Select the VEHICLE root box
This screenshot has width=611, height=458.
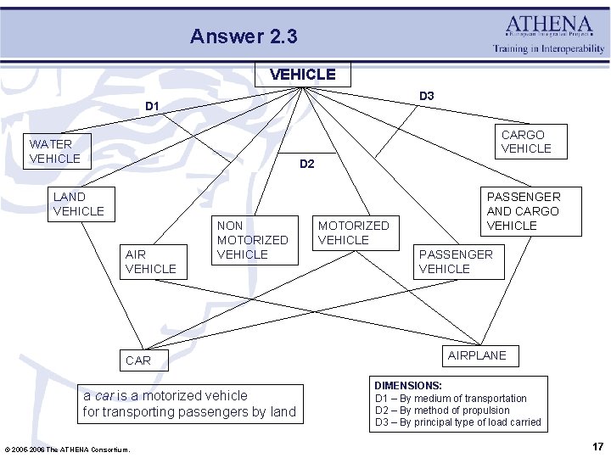[302, 75]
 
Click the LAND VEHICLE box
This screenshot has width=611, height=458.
[78, 204]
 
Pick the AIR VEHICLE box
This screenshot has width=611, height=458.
[150, 261]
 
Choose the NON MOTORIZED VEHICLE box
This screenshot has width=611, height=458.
[254, 240]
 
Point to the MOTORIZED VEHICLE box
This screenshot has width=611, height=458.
[353, 232]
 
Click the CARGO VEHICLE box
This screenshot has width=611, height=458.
[526, 142]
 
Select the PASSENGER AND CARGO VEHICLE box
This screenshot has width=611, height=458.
[523, 211]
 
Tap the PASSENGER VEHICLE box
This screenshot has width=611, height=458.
[457, 261]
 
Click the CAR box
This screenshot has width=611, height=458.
[138, 360]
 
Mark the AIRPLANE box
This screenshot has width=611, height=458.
[477, 355]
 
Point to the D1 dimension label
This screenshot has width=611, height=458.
[153, 106]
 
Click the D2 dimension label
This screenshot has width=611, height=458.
[307, 164]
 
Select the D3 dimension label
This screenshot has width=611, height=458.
[426, 96]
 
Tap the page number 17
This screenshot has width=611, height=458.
[597, 446]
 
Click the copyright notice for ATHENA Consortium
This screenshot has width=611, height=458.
[67, 449]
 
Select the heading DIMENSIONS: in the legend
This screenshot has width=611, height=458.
[408, 385]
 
